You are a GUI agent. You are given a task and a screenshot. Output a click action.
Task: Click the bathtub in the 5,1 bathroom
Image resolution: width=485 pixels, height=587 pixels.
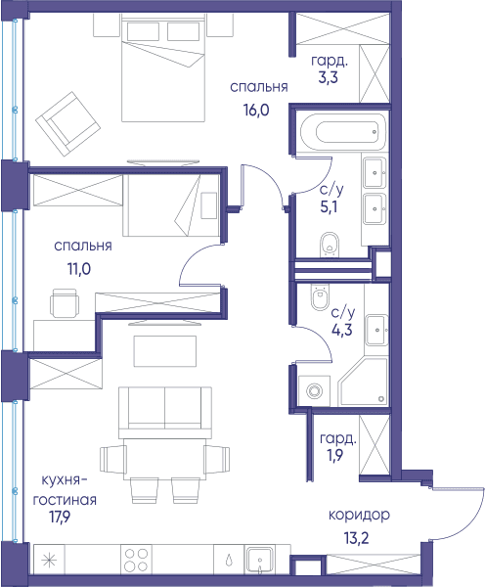click(x=343, y=132)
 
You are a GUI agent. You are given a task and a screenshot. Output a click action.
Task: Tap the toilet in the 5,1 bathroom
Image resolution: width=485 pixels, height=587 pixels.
click(x=330, y=245)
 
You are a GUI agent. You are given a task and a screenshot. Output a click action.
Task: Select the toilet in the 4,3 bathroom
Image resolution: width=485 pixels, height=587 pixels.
click(x=321, y=296)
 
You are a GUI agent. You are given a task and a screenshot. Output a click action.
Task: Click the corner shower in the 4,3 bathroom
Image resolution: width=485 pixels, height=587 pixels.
click(x=363, y=382)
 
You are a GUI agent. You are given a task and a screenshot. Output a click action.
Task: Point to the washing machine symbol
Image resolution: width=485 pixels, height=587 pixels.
click(x=314, y=391)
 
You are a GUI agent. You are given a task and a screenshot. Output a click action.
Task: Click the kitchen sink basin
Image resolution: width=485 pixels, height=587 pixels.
click(x=260, y=560)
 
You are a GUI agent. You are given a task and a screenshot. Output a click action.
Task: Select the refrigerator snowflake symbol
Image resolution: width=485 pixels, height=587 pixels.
click(x=49, y=560)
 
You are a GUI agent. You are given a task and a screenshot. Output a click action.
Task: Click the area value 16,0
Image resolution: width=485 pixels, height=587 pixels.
click(x=256, y=110)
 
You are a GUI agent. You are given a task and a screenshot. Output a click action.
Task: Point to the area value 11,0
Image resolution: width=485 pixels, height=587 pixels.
click(x=79, y=269)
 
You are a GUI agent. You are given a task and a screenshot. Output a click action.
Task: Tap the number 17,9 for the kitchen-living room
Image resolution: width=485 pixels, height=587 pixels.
click(x=60, y=517)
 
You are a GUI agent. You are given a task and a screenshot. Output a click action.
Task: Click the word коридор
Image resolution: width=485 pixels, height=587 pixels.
click(x=359, y=516)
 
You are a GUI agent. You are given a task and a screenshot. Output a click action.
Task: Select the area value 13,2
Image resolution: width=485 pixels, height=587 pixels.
click(x=356, y=538)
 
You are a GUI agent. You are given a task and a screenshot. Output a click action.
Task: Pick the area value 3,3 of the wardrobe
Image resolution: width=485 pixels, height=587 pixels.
click(x=329, y=77)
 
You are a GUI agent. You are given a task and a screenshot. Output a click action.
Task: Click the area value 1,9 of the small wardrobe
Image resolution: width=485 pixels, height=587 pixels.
click(x=335, y=455)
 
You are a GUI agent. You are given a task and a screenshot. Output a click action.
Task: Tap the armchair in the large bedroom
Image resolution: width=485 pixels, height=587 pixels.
click(x=68, y=124)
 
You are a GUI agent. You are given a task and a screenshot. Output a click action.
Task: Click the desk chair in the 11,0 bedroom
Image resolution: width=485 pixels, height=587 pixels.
click(x=65, y=303)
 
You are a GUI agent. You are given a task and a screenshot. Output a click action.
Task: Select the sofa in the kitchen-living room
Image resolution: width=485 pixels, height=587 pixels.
click(x=165, y=413)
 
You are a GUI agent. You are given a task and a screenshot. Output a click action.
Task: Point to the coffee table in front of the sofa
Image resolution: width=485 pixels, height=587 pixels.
click(x=165, y=351)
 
